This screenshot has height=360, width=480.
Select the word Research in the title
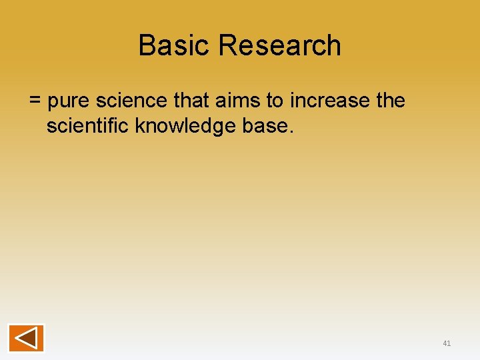279,46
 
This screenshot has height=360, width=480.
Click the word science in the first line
133,101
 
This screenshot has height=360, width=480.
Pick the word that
194,101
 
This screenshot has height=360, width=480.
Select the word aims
241,101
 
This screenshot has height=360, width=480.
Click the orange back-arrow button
26,337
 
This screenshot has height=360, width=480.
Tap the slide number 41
447,343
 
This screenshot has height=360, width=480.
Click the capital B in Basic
147,46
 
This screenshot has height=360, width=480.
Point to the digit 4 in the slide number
445,343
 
